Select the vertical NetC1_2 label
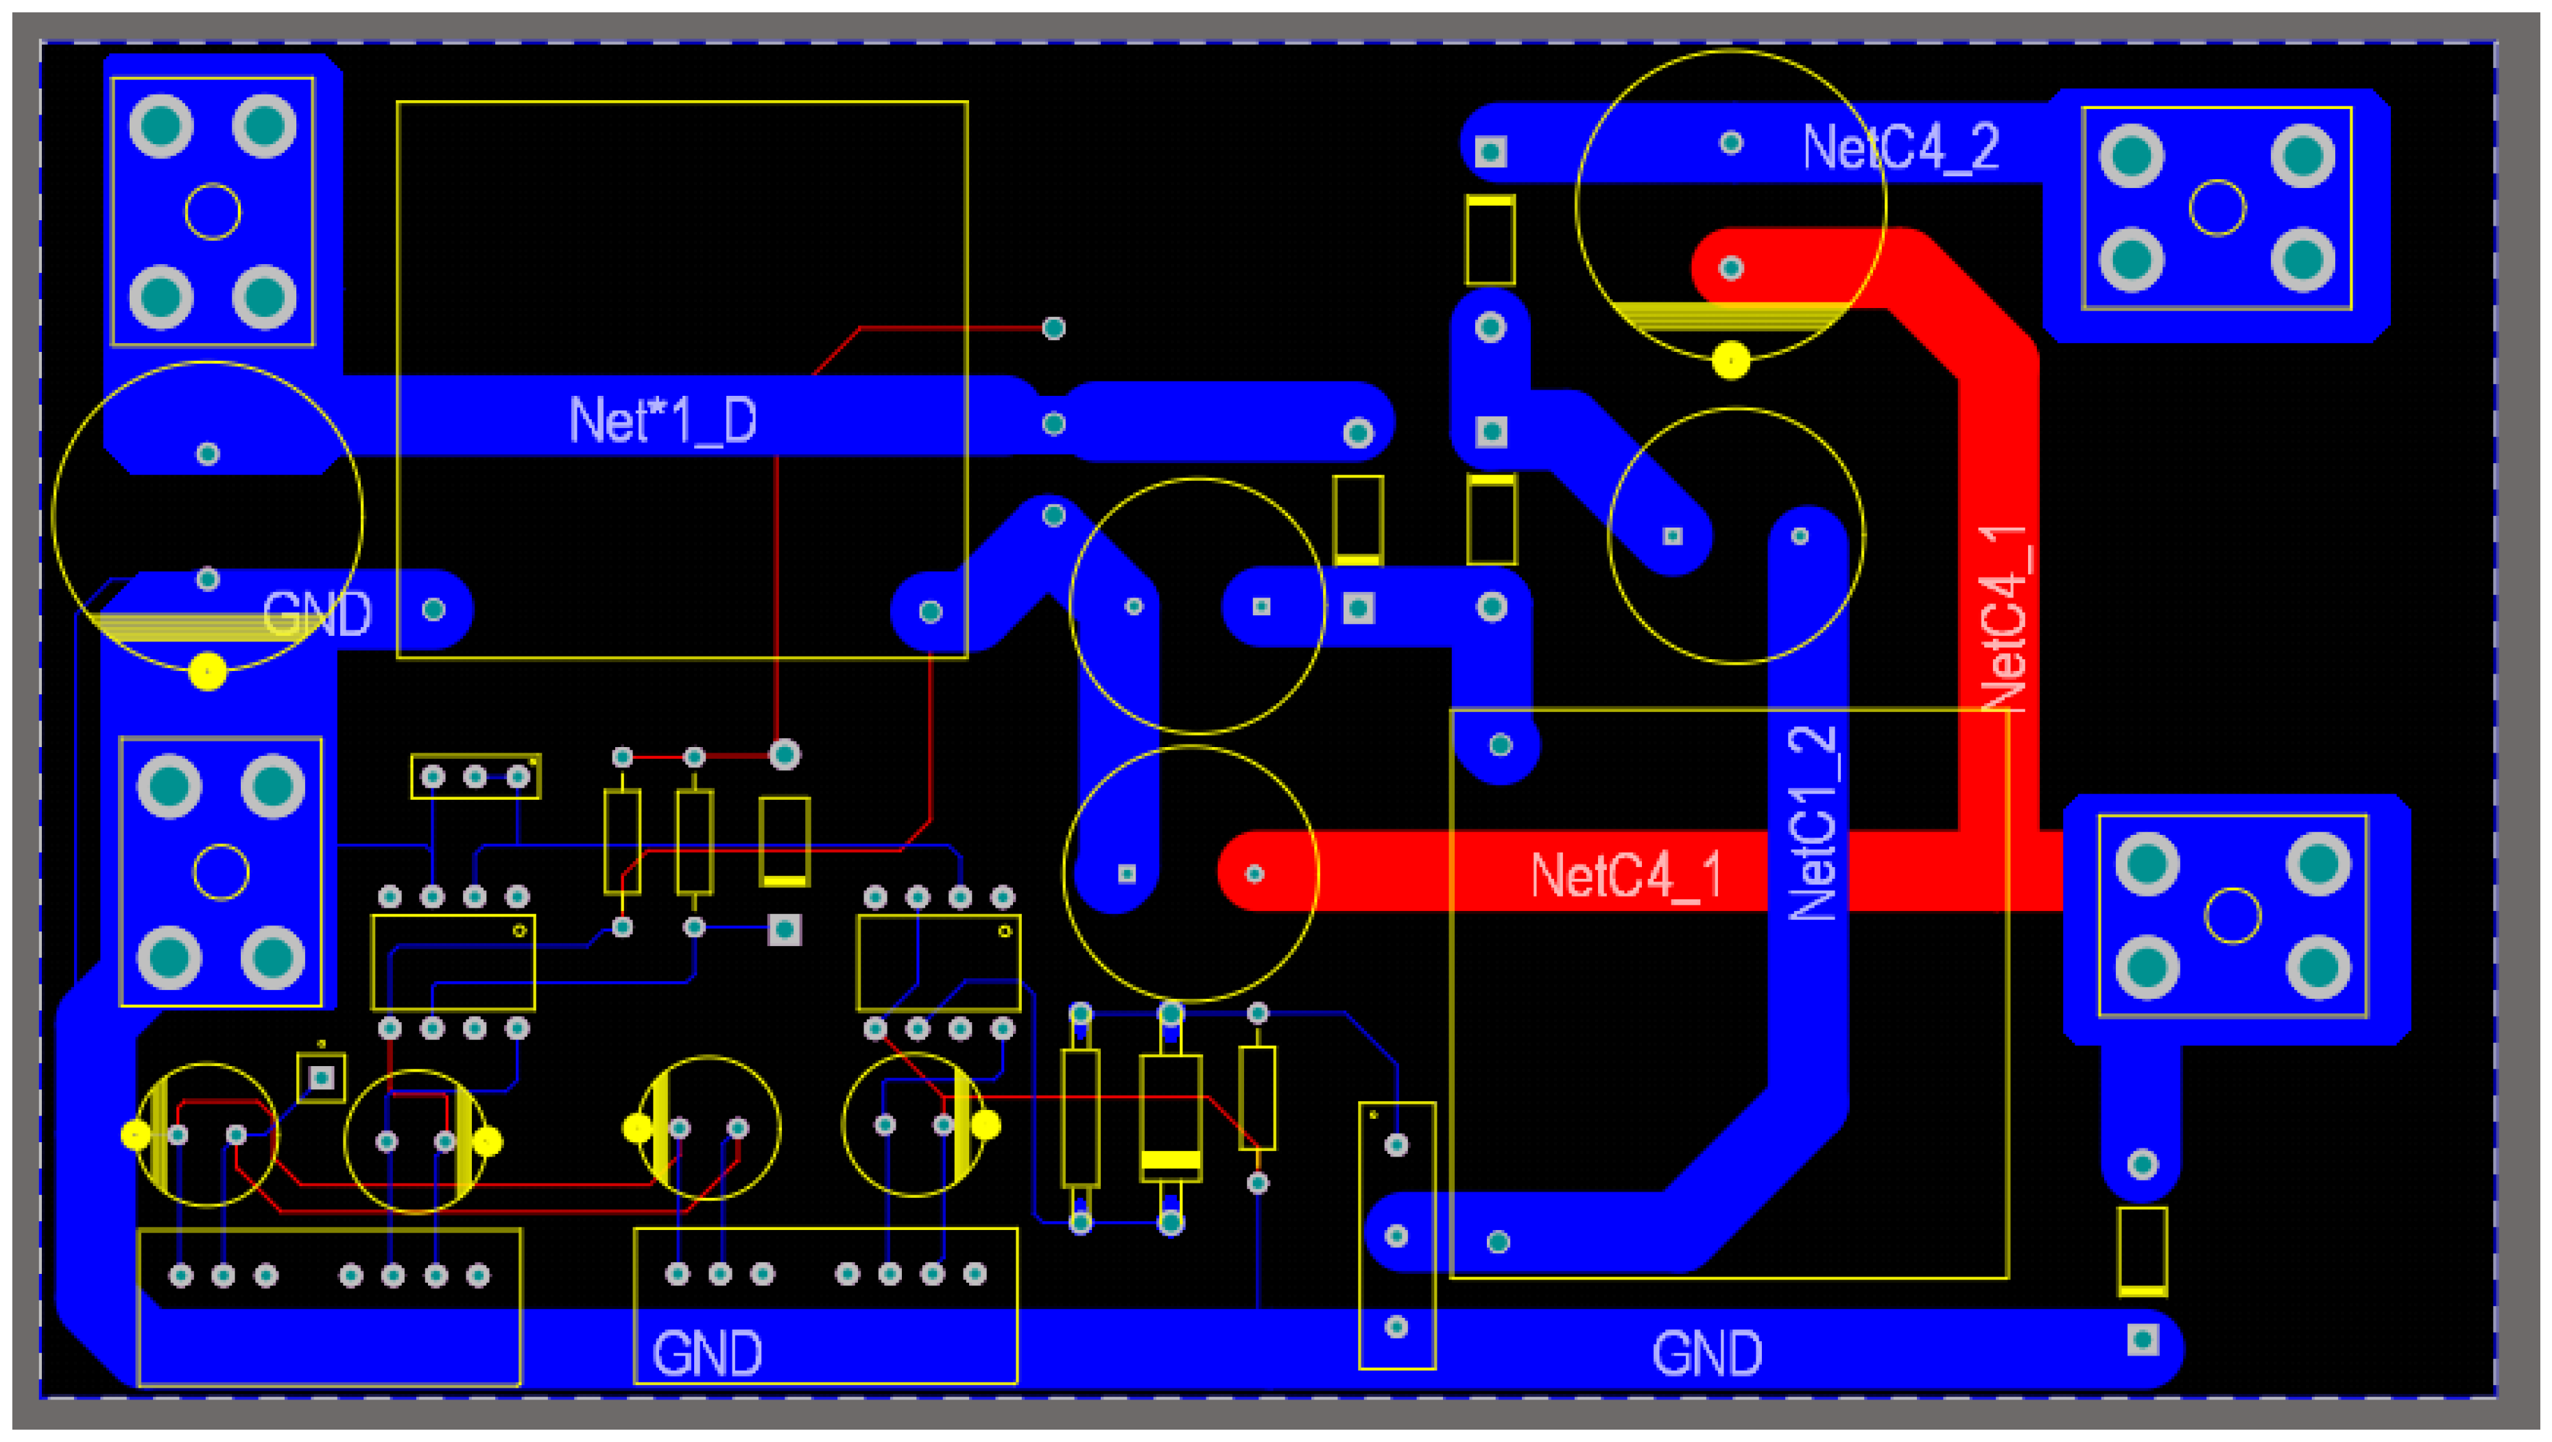[1812, 823]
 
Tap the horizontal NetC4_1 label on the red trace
[1625, 875]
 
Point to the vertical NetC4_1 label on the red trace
[2003, 617]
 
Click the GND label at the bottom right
[1706, 1354]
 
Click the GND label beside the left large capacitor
[316, 615]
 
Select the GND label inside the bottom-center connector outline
[706, 1354]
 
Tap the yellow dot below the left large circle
[207, 671]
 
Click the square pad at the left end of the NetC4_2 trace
[1490, 152]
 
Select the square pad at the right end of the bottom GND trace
[2142, 1340]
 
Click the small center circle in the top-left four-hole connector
[212, 211]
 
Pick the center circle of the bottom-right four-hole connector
[2231, 914]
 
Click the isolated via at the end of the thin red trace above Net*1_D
[1053, 327]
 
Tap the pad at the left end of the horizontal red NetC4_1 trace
[1254, 873]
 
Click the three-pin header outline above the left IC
[475, 776]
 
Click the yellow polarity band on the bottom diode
[1170, 1159]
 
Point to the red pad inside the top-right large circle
[1730, 268]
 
